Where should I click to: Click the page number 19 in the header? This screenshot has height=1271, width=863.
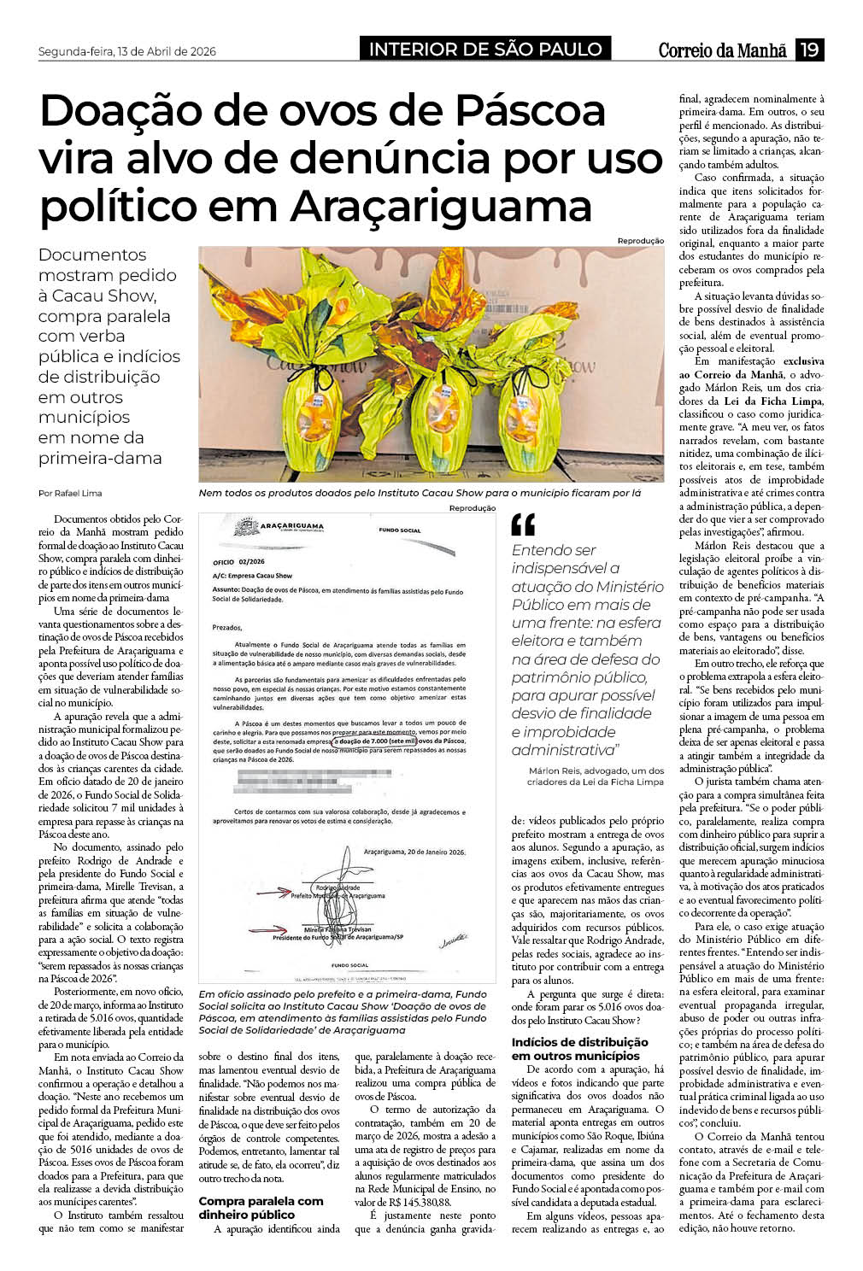coord(809,50)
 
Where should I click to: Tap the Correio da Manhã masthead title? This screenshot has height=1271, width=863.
coord(722,50)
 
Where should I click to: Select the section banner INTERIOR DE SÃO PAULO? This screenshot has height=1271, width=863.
coord(485,50)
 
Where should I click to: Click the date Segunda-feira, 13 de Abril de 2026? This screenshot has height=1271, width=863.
coord(127,51)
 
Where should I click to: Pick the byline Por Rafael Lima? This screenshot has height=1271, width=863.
coord(70,494)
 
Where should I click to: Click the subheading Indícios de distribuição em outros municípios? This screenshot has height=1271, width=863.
coord(579,1048)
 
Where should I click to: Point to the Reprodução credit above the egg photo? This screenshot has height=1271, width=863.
coord(640,241)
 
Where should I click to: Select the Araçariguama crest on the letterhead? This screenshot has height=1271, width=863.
coord(246,526)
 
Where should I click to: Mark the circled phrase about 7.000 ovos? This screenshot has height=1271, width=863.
coord(375,741)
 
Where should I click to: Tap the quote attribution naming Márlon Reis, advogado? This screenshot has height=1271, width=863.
coord(596,776)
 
